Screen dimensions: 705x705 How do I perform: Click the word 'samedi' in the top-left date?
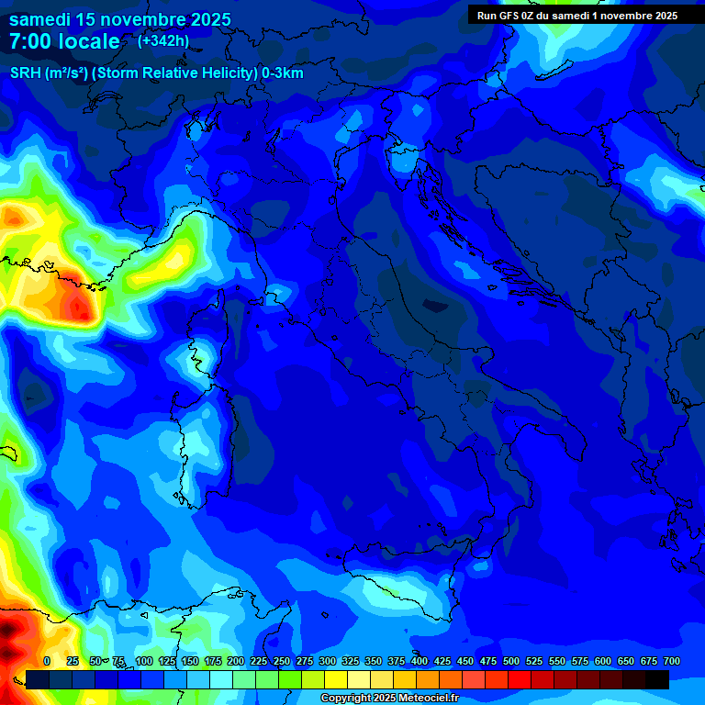(41, 19)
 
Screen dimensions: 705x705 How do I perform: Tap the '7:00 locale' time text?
(64, 41)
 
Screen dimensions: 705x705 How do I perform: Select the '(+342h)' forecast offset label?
(163, 40)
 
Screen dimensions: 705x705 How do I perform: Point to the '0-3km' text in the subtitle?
(283, 73)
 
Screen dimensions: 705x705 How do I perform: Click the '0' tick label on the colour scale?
(47, 661)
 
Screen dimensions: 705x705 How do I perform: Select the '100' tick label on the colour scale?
(144, 661)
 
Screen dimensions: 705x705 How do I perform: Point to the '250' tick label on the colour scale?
(282, 661)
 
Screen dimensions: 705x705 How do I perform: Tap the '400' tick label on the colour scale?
(420, 661)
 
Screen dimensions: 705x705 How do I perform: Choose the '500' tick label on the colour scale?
(511, 661)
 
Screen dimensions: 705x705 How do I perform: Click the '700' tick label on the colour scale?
(671, 661)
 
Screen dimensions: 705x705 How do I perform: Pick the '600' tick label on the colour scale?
(603, 661)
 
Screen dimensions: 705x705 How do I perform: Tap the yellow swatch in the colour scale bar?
(336, 679)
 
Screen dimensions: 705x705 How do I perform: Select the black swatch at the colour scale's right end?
(657, 679)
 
